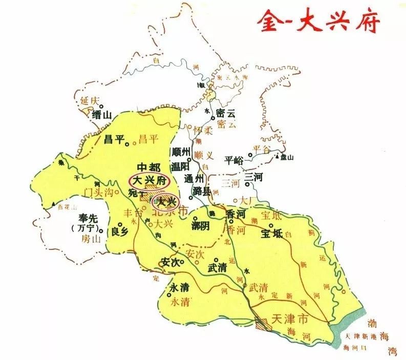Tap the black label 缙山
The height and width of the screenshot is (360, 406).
click(x=102, y=115)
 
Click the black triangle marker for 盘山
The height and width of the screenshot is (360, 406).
click(x=277, y=157)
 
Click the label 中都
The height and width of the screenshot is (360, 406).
click(x=149, y=167)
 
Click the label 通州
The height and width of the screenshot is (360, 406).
click(x=195, y=179)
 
